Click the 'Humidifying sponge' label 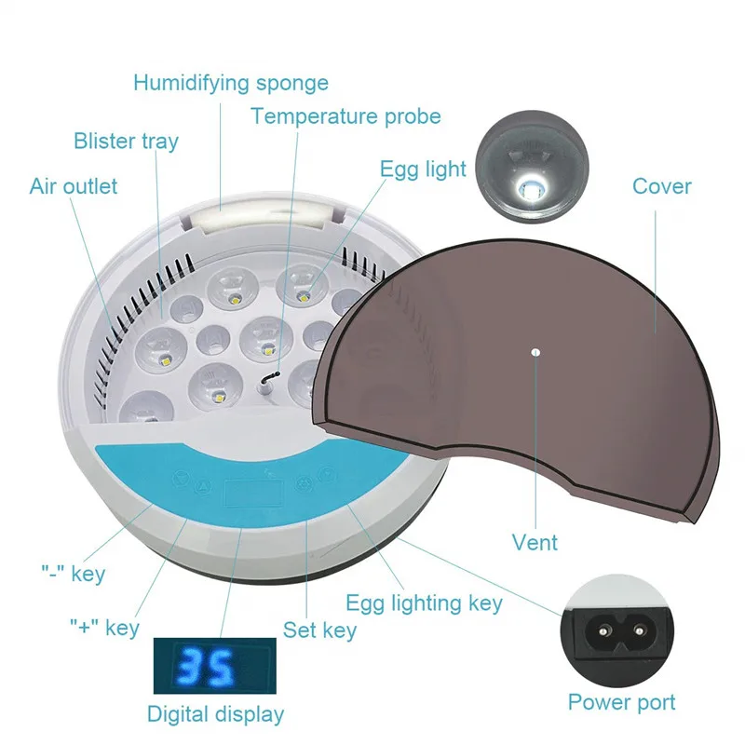(x=230, y=84)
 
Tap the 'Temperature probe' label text (x=345, y=117)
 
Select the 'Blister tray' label (x=126, y=142)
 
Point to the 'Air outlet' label (x=74, y=186)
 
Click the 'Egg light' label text (x=423, y=169)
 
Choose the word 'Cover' (x=661, y=186)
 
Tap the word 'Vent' (x=535, y=542)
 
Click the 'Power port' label (x=621, y=702)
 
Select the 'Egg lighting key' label (x=424, y=603)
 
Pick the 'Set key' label (x=319, y=630)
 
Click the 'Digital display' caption (x=215, y=714)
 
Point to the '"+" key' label (x=104, y=628)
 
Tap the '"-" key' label (x=74, y=574)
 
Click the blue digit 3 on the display (x=191, y=666)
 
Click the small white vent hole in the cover (x=536, y=353)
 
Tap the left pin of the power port (x=603, y=631)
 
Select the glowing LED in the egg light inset (x=530, y=187)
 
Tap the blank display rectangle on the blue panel (x=253, y=494)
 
